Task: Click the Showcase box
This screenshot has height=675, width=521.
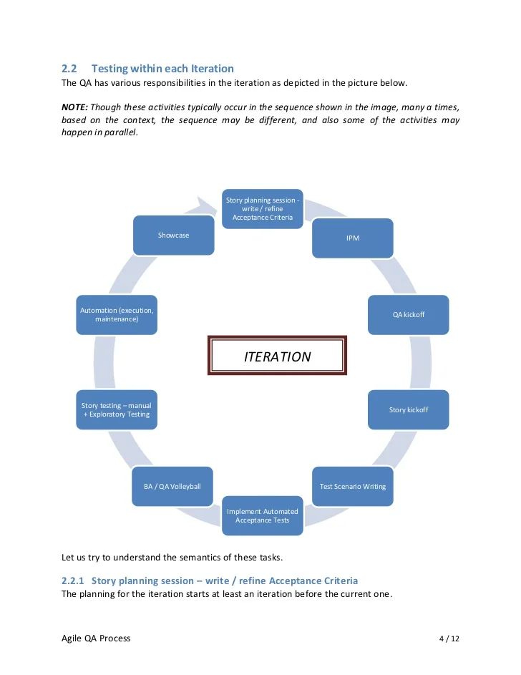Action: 174,235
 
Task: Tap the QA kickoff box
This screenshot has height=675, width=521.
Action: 408,315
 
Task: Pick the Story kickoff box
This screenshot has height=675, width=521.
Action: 408,409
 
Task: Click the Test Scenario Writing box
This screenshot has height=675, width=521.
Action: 352,486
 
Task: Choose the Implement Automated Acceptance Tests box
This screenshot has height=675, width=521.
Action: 263,515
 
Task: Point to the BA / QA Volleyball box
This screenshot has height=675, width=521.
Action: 172,486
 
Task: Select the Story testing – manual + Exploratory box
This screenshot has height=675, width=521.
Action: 117,409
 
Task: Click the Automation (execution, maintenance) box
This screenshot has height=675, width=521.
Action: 117,314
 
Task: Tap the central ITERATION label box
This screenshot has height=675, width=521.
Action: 278,356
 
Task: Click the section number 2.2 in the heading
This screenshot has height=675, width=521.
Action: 69,69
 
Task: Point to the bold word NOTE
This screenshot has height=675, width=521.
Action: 74,107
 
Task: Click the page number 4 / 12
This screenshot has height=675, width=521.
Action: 449,638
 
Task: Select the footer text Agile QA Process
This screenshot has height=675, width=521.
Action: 97,638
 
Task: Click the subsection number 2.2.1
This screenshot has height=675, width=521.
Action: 73,580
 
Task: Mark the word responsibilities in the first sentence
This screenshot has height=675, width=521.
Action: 161,83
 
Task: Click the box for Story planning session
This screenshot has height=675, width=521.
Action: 263,208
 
